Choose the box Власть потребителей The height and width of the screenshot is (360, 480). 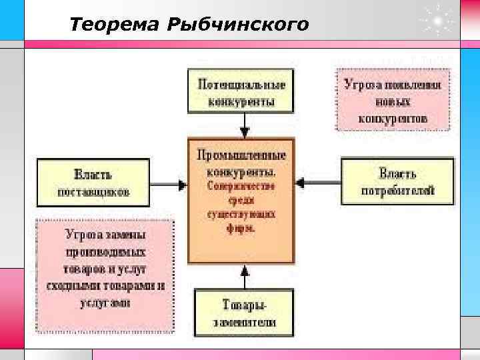click(397, 181)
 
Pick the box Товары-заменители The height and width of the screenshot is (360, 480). click(244, 313)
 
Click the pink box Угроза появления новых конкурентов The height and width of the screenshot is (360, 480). click(392, 102)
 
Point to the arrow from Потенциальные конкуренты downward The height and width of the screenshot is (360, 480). click(245, 124)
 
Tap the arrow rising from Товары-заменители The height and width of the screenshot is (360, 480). click(245, 277)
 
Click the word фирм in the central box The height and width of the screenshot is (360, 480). click(244, 227)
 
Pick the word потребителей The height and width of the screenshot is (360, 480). click(398, 191)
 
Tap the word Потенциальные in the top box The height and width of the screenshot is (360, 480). click(241, 85)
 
